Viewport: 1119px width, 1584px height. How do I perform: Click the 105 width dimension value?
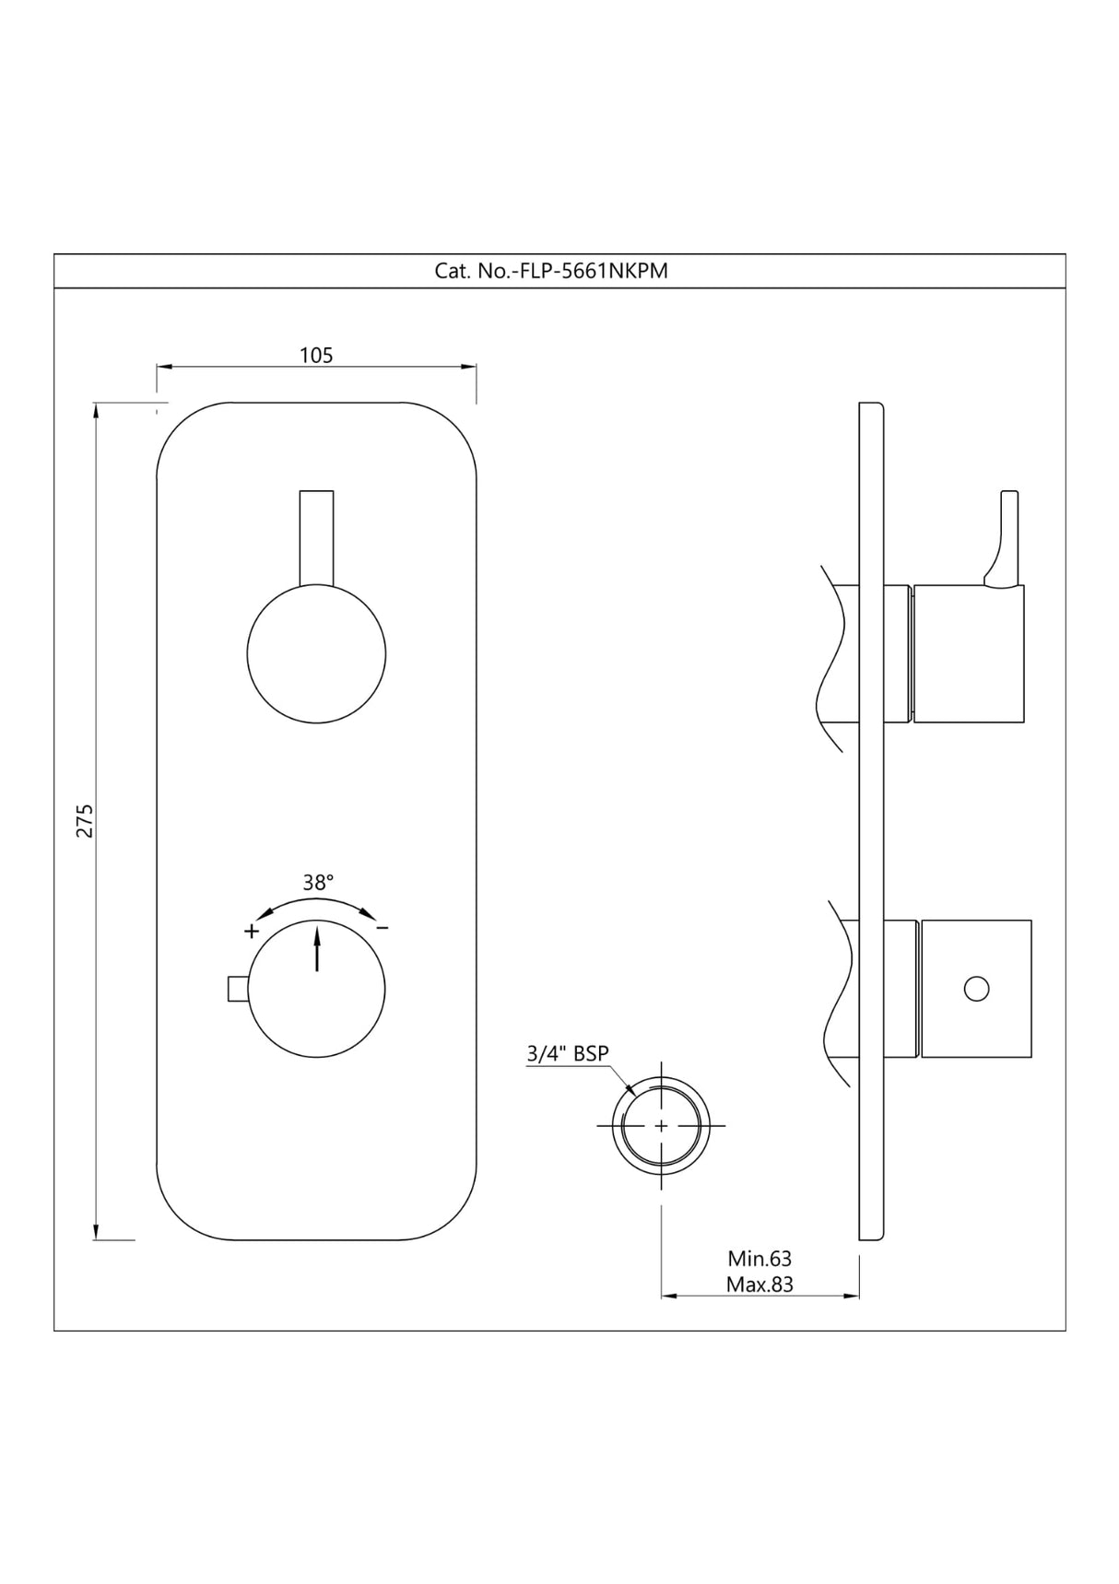point(316,355)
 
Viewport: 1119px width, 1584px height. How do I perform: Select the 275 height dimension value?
point(85,820)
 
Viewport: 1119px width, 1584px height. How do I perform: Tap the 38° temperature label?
point(318,882)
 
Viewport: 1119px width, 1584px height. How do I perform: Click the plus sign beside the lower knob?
point(252,931)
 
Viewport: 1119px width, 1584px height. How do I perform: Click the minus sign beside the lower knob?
point(383,927)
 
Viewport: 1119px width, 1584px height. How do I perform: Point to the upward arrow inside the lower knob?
point(317,949)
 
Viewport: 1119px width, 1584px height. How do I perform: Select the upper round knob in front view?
point(316,653)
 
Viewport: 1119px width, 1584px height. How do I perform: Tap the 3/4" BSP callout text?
point(568,1053)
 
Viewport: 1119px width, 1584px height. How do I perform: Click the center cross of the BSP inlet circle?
point(661,1125)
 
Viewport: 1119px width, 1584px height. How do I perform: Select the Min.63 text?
point(760,1258)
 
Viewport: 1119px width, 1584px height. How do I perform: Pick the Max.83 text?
point(760,1284)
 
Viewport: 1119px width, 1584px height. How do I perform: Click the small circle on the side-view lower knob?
point(976,989)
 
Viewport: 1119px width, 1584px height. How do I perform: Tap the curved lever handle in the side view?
point(1005,539)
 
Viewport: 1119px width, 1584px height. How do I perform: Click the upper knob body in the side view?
point(968,653)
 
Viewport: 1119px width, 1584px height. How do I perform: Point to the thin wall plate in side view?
point(871,820)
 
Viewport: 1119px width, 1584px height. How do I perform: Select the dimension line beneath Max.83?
point(760,1297)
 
